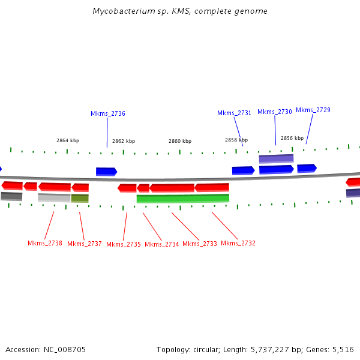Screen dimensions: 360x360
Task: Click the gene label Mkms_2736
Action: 108,113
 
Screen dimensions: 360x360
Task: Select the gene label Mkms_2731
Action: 234,113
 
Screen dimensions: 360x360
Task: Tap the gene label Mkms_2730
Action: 275,112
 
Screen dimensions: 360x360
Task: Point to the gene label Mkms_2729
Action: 313,110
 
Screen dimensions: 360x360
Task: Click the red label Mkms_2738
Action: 45,243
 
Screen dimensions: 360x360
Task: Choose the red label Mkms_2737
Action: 85,244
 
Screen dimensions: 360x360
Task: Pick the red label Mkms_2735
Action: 124,244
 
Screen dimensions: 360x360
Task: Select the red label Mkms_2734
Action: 162,244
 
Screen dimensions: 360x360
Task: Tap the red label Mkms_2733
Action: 200,244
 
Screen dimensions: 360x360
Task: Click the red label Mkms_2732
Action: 238,243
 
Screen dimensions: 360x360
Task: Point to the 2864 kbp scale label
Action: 68,140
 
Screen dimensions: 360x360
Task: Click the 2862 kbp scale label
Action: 124,141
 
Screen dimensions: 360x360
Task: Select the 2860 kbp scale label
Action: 180,141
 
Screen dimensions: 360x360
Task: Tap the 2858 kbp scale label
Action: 236,140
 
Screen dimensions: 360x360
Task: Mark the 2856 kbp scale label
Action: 292,137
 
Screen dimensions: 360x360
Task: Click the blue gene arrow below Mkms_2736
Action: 106,172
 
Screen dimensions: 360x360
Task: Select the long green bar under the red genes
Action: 182,198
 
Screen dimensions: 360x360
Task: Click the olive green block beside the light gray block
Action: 80,198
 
